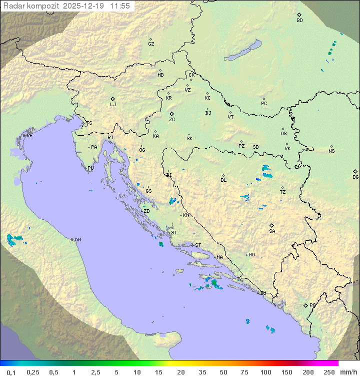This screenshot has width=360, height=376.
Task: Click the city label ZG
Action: pos(172,120)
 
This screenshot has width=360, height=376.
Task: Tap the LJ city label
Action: pos(113,105)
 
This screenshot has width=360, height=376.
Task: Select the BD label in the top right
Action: pos(299,21)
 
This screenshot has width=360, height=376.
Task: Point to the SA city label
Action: pos(272,231)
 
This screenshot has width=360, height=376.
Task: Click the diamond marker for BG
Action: pos(355,171)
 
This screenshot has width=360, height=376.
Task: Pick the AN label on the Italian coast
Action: pos(77,240)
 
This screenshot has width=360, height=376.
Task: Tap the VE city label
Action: pos(29,136)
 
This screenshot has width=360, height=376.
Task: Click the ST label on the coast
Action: pos(198,245)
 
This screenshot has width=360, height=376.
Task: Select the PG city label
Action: pos(312,305)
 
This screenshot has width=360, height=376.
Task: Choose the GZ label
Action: pos(151,44)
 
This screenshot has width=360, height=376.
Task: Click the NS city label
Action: pos(331,151)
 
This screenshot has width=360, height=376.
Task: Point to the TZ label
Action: pos(283,192)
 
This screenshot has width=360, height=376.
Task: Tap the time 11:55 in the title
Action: pos(120,6)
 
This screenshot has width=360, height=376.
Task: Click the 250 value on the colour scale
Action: pos(329,372)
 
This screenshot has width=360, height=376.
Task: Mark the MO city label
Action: pos(251,255)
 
